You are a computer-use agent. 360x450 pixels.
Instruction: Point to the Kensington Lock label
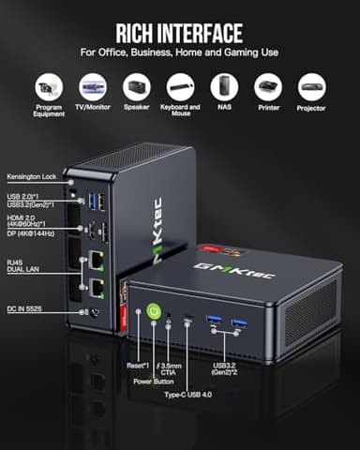point(31,175)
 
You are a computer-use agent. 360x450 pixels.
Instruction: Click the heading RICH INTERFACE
point(180,34)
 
